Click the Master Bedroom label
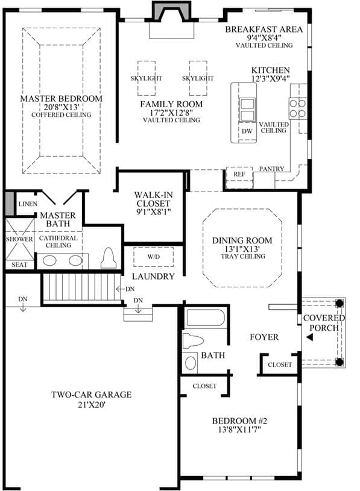pos(62,99)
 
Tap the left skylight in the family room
pos(147,78)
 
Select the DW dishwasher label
pos(247,131)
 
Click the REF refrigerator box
pos(239,178)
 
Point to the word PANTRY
pos(271,169)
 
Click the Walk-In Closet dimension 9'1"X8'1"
pos(154,212)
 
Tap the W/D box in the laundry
pos(154,257)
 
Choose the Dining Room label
pos(242,240)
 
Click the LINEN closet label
pos(28,204)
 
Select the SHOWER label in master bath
pos(19,239)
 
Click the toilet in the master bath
pos(109,258)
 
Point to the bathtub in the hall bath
pos(206,318)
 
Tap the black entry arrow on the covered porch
pos(309,337)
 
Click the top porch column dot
pos(339,303)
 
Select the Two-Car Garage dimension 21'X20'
pos(92,405)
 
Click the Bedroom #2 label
pos(239,421)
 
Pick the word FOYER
pos(264,337)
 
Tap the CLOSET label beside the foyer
pos(280,364)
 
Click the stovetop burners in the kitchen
pos(298,108)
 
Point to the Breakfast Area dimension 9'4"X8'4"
pos(264,37)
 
